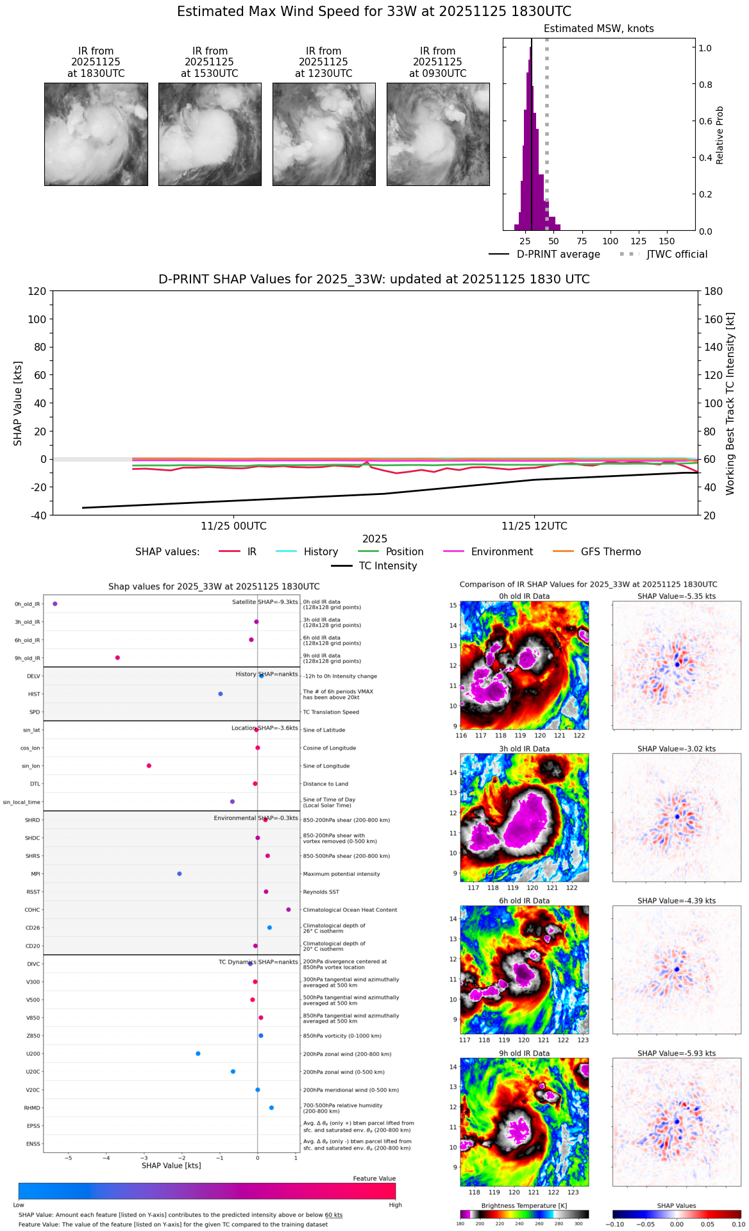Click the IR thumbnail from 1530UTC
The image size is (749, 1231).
(210, 134)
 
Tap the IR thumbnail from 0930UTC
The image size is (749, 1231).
(438, 134)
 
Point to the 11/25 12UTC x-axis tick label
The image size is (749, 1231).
(534, 526)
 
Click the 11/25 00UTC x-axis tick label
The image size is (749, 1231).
(233, 526)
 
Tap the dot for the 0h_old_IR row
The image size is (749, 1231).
(55, 604)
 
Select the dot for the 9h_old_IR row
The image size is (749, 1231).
(117, 658)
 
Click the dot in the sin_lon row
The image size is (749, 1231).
(149, 766)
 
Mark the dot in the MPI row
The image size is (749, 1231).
(180, 874)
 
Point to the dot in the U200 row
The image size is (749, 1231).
(198, 1053)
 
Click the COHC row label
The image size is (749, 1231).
(32, 910)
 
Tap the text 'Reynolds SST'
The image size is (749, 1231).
(321, 892)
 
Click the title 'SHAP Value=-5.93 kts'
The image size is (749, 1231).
(677, 1053)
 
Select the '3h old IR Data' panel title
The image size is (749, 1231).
(524, 749)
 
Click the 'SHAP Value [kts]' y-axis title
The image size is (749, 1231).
(18, 403)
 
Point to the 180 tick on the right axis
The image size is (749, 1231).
(714, 291)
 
